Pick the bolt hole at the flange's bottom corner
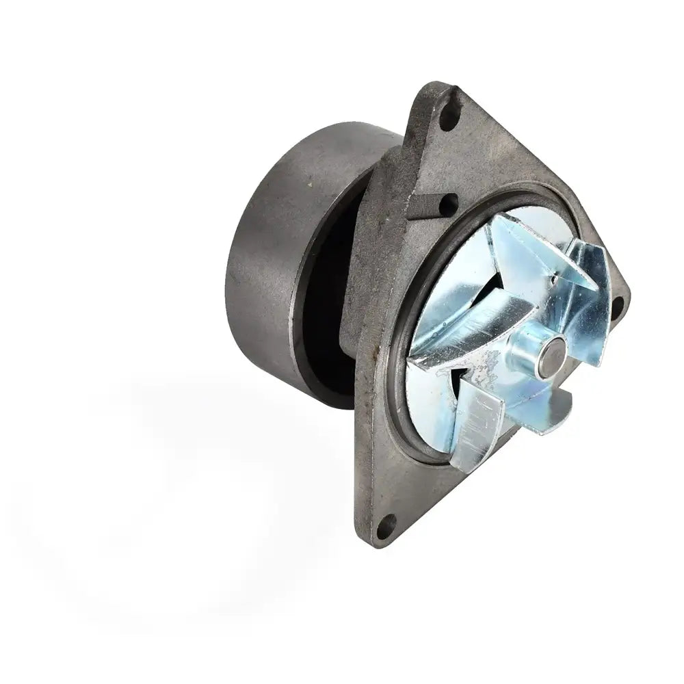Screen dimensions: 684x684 point(386,526)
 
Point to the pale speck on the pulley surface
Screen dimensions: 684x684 point(309,185)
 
